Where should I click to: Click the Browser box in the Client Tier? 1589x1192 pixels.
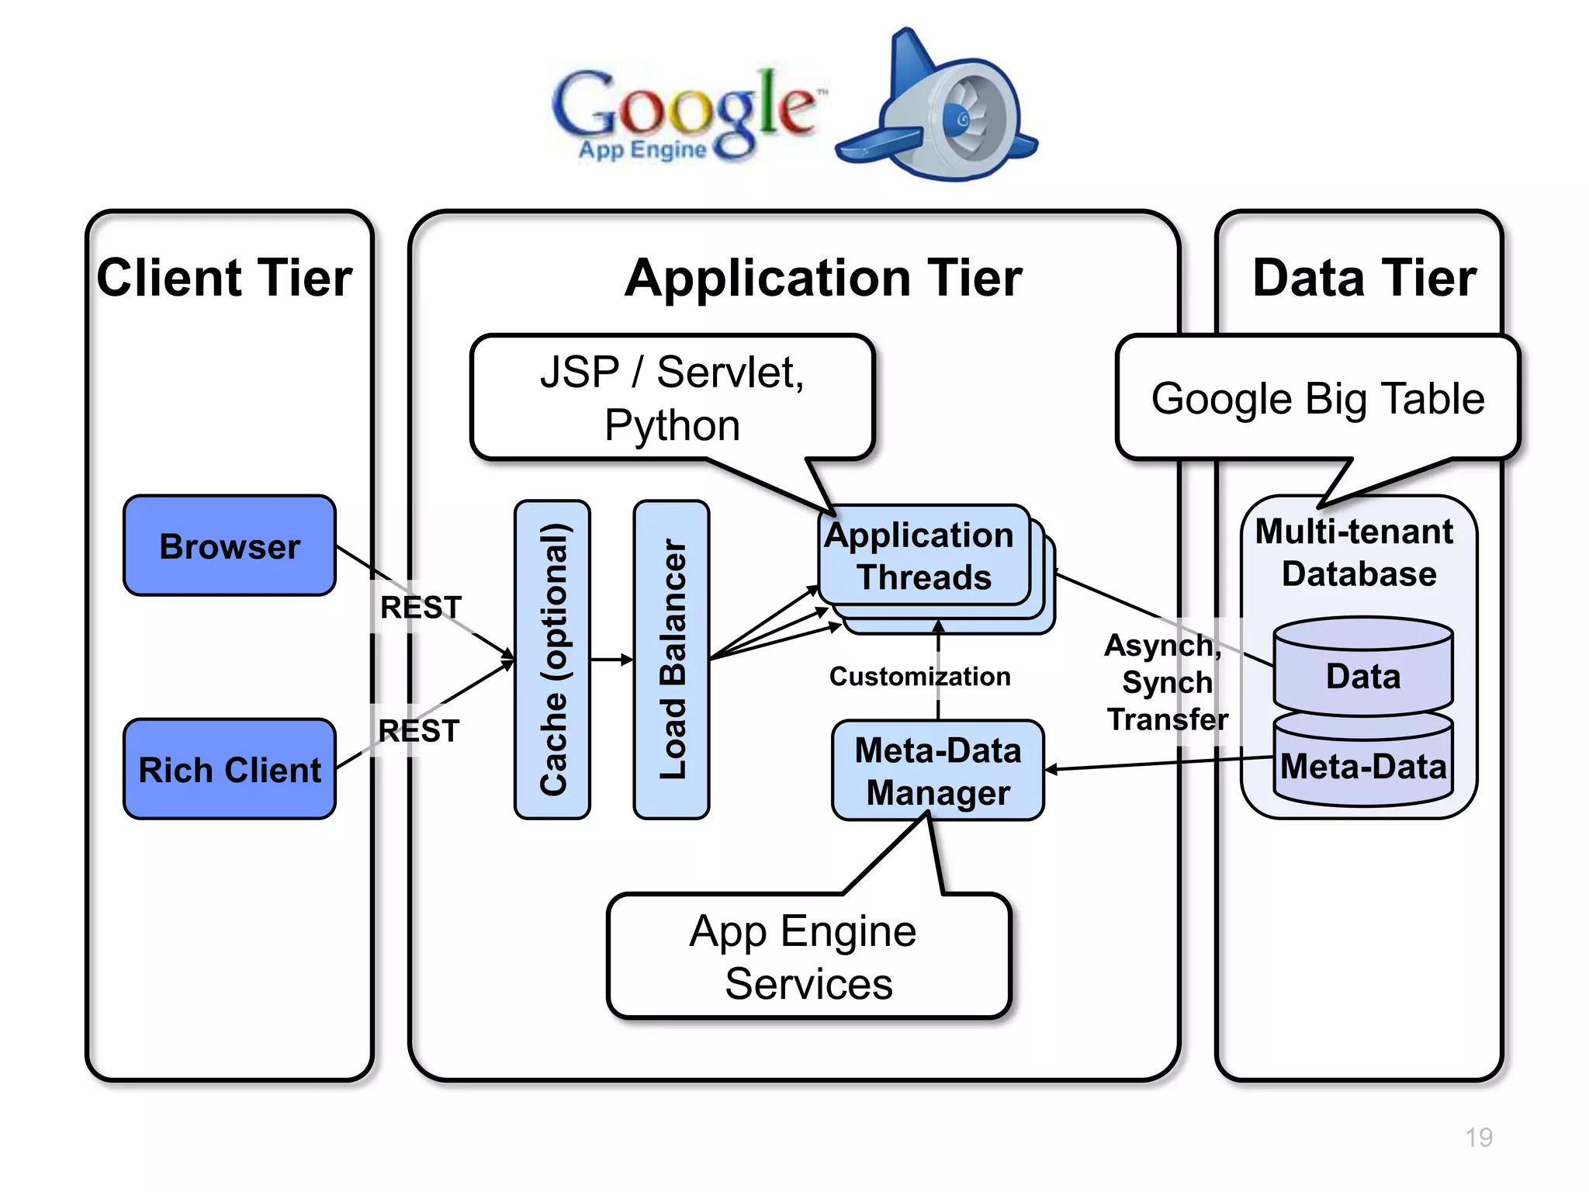pos(230,546)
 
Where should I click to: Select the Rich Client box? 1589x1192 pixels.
pos(230,769)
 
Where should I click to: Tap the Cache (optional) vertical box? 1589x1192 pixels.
pos(552,660)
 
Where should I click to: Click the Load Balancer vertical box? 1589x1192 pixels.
pos(672,660)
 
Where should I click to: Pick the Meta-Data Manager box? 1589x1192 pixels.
pos(937,771)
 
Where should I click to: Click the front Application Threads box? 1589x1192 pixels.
pos(923,556)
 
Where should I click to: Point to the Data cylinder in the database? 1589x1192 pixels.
pos(1363,675)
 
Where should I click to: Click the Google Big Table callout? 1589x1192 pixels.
pos(1317,399)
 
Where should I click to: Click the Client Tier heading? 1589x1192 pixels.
pos(225,278)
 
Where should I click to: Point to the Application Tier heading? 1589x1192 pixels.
pos(824,278)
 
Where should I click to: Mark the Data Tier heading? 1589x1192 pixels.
pos(1364,278)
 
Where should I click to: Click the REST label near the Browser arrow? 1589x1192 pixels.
pos(421,607)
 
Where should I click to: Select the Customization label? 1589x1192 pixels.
pos(919,677)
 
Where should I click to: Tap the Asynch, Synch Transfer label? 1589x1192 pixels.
pos(1166,682)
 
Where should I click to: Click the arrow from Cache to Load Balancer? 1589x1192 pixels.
pos(611,660)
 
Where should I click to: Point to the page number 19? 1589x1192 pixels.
pos(1479,1138)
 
